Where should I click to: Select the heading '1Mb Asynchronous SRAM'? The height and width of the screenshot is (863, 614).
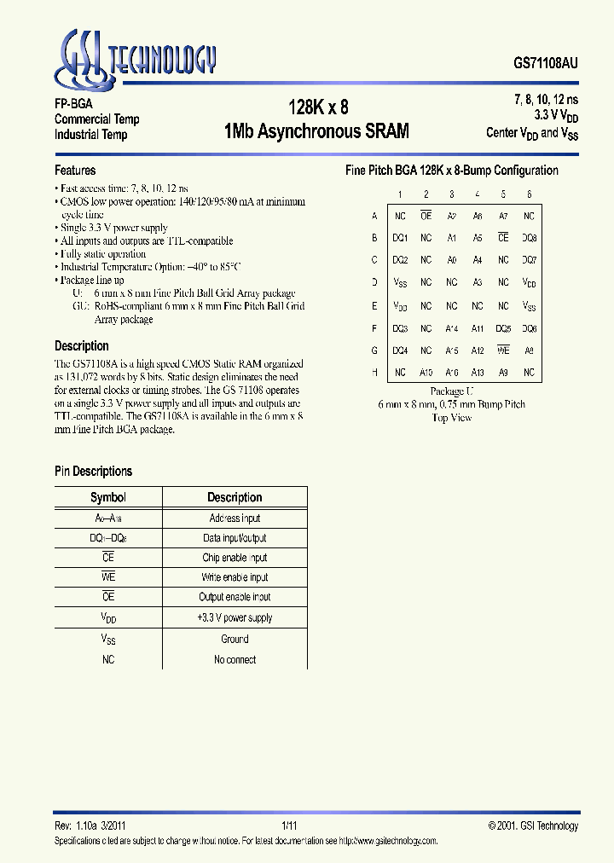pyautogui.click(x=317, y=131)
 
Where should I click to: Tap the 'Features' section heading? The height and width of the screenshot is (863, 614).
pyautogui.click(x=75, y=171)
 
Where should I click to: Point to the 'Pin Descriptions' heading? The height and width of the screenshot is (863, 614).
pyautogui.click(x=93, y=472)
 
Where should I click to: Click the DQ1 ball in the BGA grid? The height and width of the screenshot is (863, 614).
pyautogui.click(x=400, y=238)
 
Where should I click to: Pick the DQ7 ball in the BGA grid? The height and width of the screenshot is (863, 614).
pyautogui.click(x=529, y=260)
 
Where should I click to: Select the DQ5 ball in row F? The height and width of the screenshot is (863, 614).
pyautogui.click(x=503, y=328)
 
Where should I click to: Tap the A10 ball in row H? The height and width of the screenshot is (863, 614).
pyautogui.click(x=426, y=373)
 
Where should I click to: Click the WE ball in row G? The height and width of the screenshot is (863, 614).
pyautogui.click(x=503, y=350)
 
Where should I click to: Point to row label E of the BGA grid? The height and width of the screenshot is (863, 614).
pyautogui.click(x=374, y=305)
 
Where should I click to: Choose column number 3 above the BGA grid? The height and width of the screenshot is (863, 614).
pyautogui.click(x=452, y=194)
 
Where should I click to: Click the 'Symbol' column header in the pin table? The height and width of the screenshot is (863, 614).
pyautogui.click(x=108, y=498)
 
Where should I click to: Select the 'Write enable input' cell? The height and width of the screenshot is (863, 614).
pyautogui.click(x=235, y=577)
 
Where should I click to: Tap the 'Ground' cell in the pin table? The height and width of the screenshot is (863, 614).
pyautogui.click(x=235, y=639)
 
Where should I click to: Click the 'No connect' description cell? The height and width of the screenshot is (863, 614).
pyautogui.click(x=235, y=659)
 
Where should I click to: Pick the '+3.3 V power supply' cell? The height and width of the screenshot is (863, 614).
pyautogui.click(x=235, y=618)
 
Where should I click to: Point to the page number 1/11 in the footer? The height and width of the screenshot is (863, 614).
pyautogui.click(x=290, y=825)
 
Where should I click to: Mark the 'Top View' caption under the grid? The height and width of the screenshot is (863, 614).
pyautogui.click(x=452, y=418)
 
